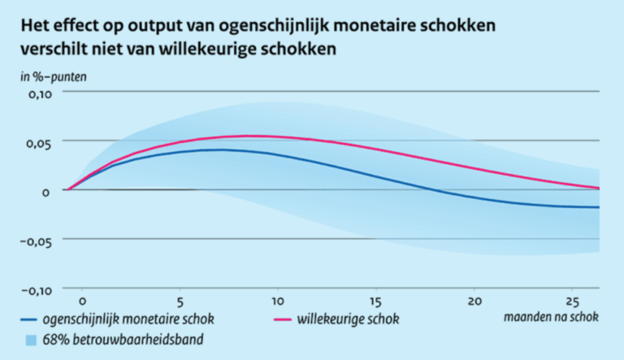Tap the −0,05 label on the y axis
(33, 241)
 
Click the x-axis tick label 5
(180, 297)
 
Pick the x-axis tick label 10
(277, 297)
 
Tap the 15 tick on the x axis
(375, 297)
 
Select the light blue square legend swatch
(30, 339)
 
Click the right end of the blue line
(599, 207)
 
